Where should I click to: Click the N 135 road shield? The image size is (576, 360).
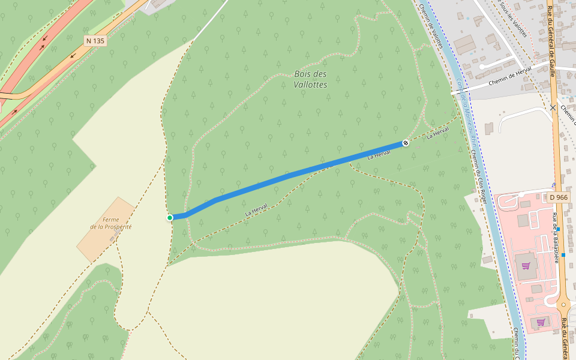click(x=95, y=41)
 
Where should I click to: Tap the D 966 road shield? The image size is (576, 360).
click(x=559, y=197)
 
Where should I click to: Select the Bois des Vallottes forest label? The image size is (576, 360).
click(x=311, y=79)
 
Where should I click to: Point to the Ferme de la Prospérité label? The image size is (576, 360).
click(x=110, y=223)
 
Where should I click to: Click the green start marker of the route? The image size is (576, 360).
click(x=170, y=218)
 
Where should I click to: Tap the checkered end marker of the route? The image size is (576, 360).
click(x=406, y=143)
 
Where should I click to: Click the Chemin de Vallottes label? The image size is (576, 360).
click(x=431, y=26)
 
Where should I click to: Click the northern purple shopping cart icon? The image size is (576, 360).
click(x=526, y=265)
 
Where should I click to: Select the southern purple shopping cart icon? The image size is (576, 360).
click(x=541, y=322)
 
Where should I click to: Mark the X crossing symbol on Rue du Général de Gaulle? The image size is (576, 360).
click(x=553, y=108)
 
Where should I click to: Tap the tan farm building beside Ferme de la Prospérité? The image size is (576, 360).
click(x=106, y=230)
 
